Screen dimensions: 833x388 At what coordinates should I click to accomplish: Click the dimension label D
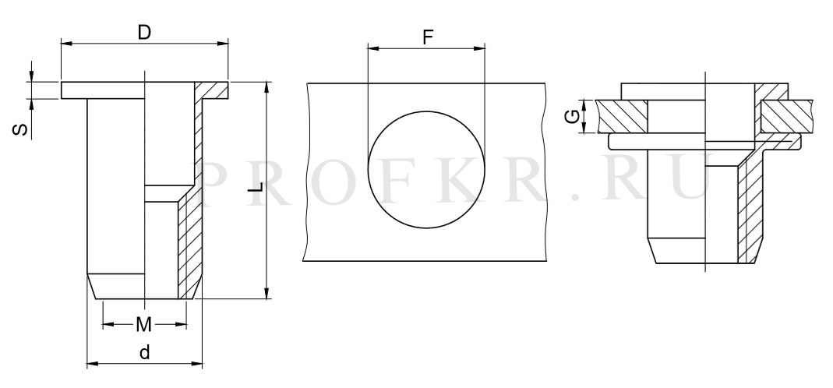[x=144, y=33]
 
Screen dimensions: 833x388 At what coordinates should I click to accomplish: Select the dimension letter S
[x=20, y=129]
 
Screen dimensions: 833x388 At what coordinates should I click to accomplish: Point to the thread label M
[x=144, y=324]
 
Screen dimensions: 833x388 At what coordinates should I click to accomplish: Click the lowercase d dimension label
[x=144, y=352]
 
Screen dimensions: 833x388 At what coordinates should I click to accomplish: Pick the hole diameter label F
[x=428, y=37]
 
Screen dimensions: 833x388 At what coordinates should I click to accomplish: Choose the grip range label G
[x=572, y=117]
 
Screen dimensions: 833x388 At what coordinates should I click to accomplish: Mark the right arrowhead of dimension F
[x=480, y=48]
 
